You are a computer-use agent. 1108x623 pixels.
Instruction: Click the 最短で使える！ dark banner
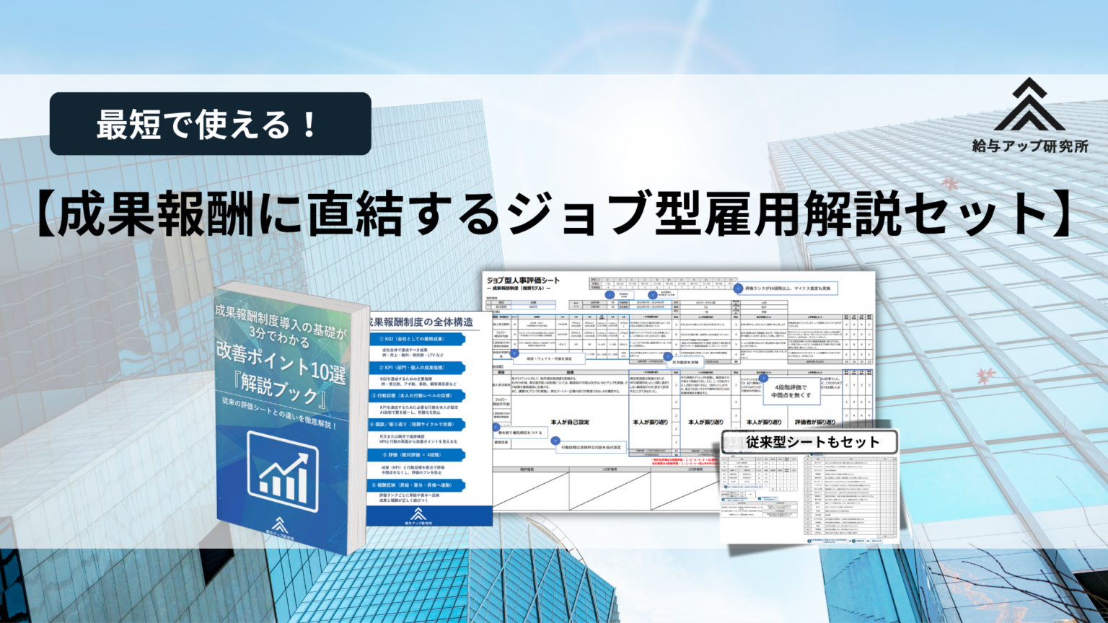click(x=210, y=124)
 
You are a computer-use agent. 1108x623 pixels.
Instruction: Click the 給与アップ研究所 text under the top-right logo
click(x=1029, y=146)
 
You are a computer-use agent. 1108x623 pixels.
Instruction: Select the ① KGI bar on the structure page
click(x=417, y=339)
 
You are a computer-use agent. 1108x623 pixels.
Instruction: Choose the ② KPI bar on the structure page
click(x=417, y=368)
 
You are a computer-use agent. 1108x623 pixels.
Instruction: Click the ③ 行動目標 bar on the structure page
click(x=417, y=396)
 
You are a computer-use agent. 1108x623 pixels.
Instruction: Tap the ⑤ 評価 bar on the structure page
click(x=417, y=455)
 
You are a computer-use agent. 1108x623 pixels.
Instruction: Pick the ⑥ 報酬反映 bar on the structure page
click(x=417, y=485)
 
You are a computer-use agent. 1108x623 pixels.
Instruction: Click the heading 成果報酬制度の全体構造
click(x=421, y=322)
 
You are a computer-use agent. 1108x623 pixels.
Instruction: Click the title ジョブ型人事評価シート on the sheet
click(x=523, y=280)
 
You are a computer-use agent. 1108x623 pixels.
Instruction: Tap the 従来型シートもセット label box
click(x=812, y=442)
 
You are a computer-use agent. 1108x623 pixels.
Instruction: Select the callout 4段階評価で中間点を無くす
click(x=791, y=392)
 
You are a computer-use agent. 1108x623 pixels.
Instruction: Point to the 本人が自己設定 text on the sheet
click(x=570, y=422)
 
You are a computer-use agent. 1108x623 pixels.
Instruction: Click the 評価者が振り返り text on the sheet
click(x=814, y=422)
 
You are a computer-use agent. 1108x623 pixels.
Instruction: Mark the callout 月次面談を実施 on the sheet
click(x=685, y=362)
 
